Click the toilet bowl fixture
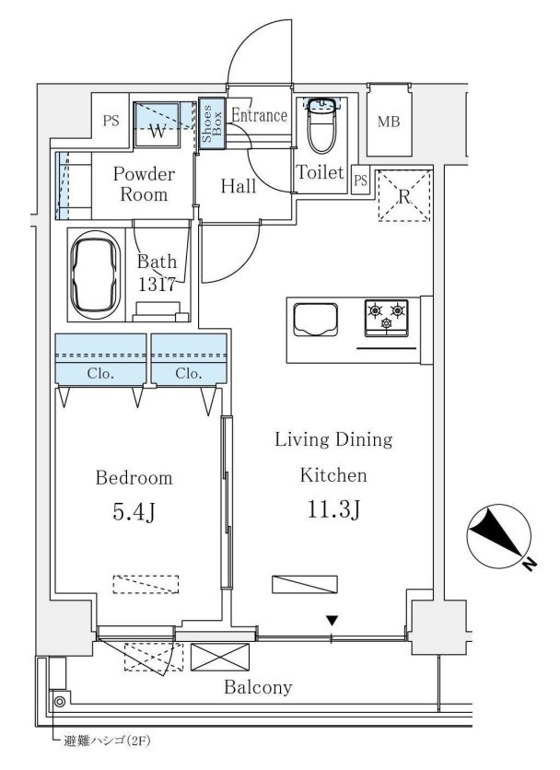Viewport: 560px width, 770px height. [x=321, y=125]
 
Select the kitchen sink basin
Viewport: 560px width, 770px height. [x=315, y=320]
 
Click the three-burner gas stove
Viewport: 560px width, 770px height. [x=386, y=318]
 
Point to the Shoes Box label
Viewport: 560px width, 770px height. [x=212, y=123]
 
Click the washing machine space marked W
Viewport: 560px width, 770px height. [x=157, y=124]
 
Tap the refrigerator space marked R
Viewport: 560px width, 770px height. [x=404, y=196]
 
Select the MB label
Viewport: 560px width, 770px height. [x=389, y=122]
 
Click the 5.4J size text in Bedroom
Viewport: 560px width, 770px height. [x=134, y=512]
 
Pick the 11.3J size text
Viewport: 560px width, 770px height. [x=334, y=509]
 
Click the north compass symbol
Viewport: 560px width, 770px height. [x=500, y=537]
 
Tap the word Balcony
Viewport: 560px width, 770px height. [x=258, y=687]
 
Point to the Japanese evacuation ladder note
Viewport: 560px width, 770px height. [x=106, y=741]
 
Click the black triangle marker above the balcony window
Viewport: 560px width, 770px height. [x=332, y=622]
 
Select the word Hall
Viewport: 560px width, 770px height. [x=239, y=186]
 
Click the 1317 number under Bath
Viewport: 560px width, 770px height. [x=157, y=285]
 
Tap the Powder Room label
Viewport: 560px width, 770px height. [x=144, y=183]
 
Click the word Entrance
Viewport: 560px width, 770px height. [x=259, y=115]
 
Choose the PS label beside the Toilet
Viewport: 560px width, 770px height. [x=360, y=181]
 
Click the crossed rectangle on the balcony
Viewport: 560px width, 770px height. [x=220, y=657]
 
